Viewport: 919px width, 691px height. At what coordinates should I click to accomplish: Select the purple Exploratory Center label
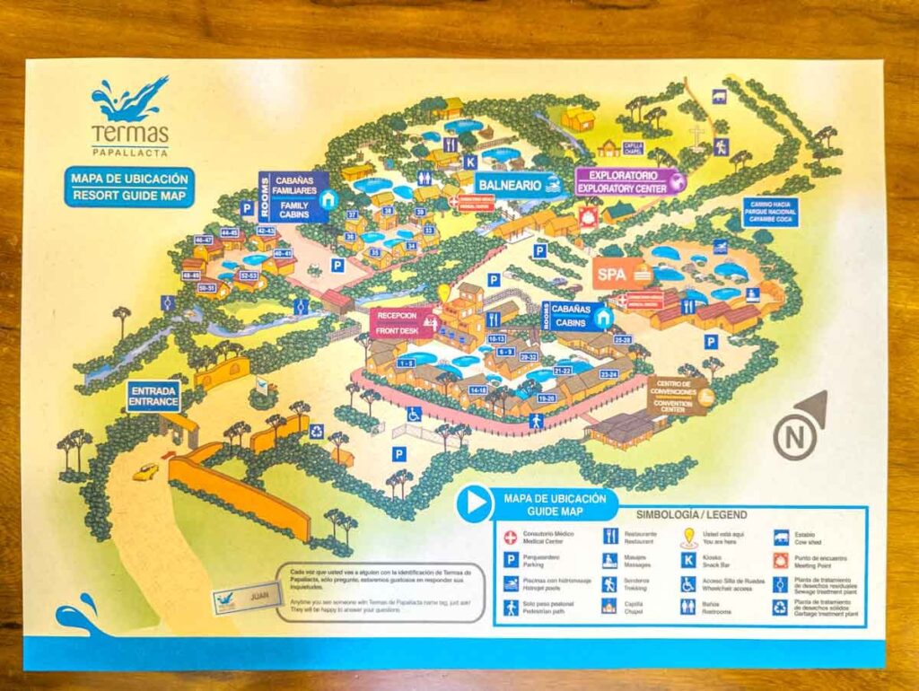click(627, 181)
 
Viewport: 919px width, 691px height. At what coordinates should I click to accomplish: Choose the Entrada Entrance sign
click(153, 396)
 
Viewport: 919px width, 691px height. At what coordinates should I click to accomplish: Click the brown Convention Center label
click(679, 396)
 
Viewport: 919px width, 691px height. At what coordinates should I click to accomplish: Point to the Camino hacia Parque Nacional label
click(769, 212)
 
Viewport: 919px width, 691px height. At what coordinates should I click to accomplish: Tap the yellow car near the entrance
click(144, 471)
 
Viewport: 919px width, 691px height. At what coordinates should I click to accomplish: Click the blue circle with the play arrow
click(474, 503)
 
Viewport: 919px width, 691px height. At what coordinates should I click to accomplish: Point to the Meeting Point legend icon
click(780, 561)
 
